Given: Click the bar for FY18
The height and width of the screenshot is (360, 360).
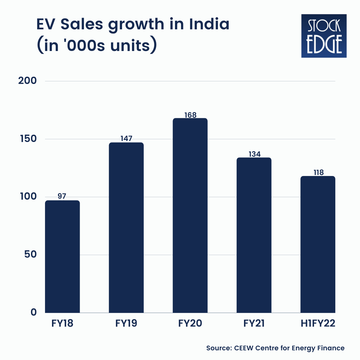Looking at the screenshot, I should [x=62, y=256].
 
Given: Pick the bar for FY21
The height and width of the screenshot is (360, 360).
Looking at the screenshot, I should [x=254, y=235].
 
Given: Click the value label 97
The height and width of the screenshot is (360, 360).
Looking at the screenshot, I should [x=62, y=196].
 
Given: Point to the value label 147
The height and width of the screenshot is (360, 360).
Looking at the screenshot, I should [x=126, y=138].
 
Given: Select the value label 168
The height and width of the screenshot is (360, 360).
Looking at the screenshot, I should [x=190, y=115].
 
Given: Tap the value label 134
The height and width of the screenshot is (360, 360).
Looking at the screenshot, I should [x=254, y=154].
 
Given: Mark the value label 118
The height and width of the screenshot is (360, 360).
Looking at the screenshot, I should [x=318, y=172].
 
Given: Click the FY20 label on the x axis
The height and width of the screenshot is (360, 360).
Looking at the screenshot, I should [x=190, y=324].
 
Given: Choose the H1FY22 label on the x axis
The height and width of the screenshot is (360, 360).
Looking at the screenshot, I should [x=318, y=324].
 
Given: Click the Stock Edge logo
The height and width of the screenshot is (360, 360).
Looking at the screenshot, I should [x=324, y=36].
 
